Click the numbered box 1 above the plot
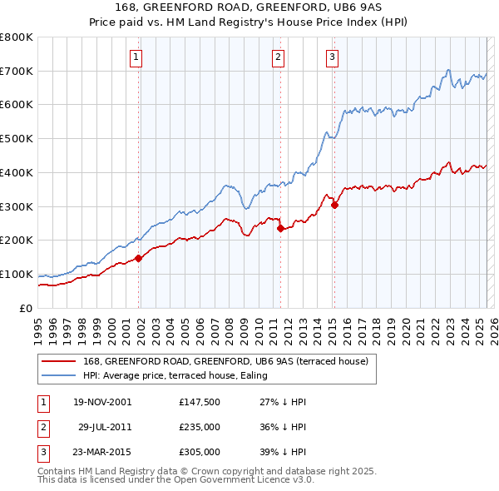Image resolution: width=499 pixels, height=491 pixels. (x=135, y=57)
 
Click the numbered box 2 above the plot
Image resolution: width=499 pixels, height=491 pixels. (x=278, y=57)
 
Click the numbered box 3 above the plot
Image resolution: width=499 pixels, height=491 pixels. (x=332, y=57)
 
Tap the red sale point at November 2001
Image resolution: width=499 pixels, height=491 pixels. (x=139, y=258)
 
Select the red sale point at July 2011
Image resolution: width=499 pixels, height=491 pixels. (x=280, y=228)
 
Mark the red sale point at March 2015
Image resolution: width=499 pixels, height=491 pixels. (x=334, y=205)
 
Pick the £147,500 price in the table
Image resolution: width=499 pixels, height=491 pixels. (x=199, y=402)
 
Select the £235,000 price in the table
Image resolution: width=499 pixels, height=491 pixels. (x=199, y=427)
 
